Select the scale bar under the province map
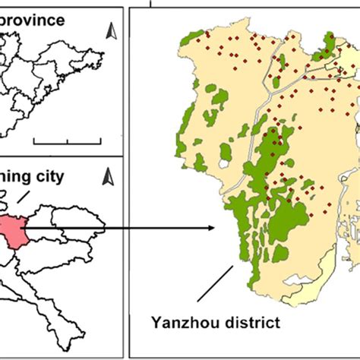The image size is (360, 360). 68,141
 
